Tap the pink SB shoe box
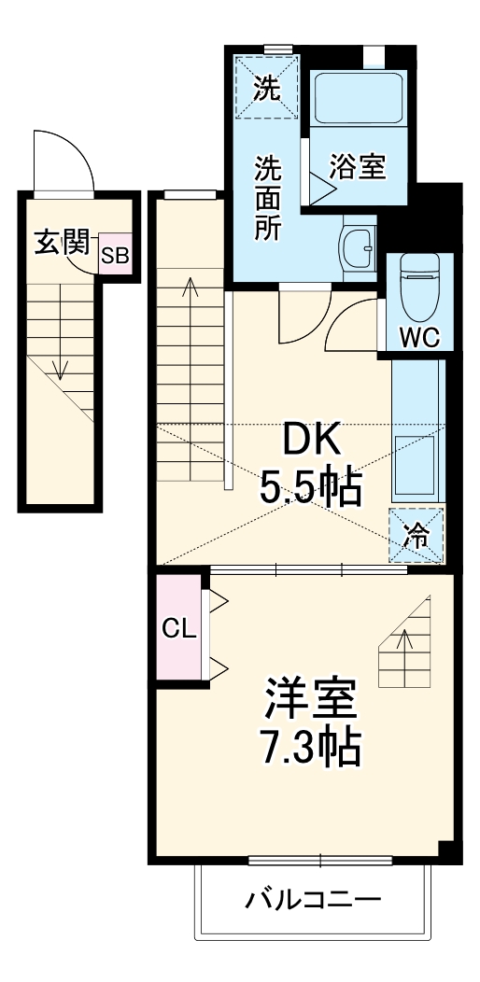coord(115,256)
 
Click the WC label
coord(418,338)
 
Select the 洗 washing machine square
coord(266,90)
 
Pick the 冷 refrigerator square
coord(416,536)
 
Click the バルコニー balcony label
coord(313,901)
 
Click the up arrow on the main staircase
coord(191,289)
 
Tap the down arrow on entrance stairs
coord(61,364)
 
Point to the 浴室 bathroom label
coord(357,168)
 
